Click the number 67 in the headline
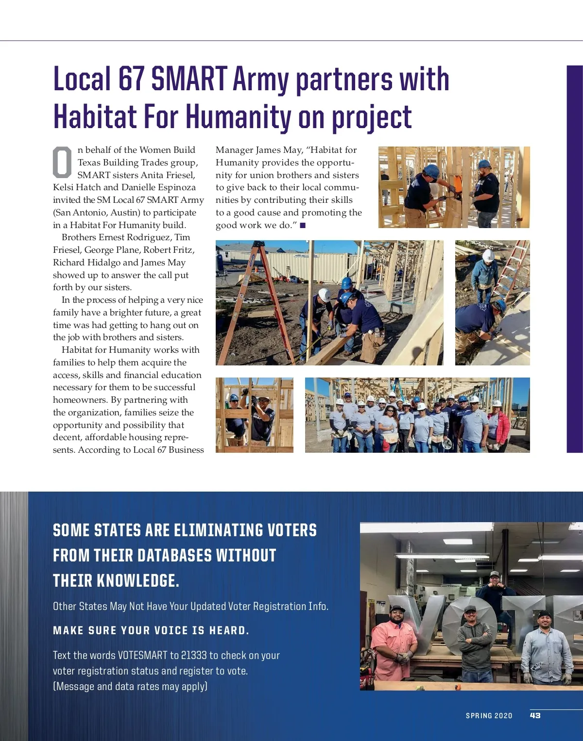pyautogui.click(x=132, y=79)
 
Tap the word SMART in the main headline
pyautogui.click(x=189, y=79)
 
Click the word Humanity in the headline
pyautogui.click(x=239, y=117)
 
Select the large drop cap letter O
pyautogui.click(x=62, y=162)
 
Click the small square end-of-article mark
pyautogui.click(x=303, y=225)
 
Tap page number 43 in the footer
pyautogui.click(x=535, y=715)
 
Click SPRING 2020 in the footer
pyautogui.click(x=489, y=716)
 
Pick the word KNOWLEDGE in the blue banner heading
pyautogui.click(x=137, y=580)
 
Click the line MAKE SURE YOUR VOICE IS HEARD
pyautogui.click(x=151, y=630)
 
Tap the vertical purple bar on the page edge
pyautogui.click(x=574, y=259)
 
